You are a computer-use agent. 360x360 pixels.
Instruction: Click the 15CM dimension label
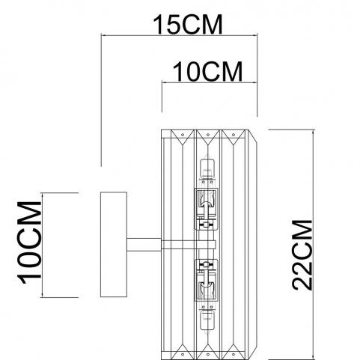pyautogui.click(x=187, y=25)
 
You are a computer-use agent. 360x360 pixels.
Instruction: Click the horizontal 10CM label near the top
pyautogui.click(x=207, y=72)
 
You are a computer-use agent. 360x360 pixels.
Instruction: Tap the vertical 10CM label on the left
pyautogui.click(x=29, y=242)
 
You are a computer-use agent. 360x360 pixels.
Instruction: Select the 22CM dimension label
pyautogui.click(x=302, y=255)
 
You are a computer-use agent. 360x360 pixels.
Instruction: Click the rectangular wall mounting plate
pyautogui.click(x=114, y=245)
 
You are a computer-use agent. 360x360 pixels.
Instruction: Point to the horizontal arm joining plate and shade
pyautogui.click(x=144, y=245)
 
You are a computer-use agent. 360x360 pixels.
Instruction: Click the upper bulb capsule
pyautogui.click(x=207, y=166)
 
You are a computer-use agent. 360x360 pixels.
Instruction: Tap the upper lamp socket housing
pyautogui.click(x=207, y=209)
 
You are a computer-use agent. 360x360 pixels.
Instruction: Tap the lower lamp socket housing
pyautogui.click(x=207, y=281)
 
